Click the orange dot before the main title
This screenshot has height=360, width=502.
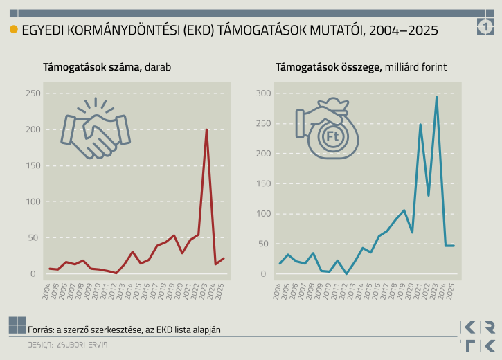point(13,30)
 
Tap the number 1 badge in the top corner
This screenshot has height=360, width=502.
point(485,28)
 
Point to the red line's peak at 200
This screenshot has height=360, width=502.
point(206,129)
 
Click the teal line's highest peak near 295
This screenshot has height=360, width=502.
point(436,97)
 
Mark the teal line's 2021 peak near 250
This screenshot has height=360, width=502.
point(420,125)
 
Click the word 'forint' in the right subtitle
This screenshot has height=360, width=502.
point(434,67)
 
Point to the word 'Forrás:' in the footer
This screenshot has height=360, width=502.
point(42,330)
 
